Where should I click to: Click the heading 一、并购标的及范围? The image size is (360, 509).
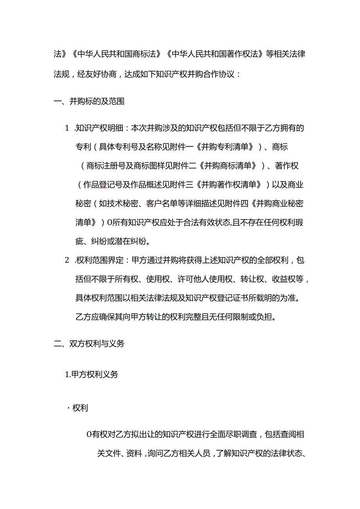(89, 102)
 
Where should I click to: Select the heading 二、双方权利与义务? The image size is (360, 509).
(89, 344)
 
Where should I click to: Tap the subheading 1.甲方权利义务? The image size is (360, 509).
(91, 374)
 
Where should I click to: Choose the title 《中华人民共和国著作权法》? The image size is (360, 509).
(214, 54)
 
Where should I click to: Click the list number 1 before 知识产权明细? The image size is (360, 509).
(67, 128)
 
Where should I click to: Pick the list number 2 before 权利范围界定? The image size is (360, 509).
(67, 260)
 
